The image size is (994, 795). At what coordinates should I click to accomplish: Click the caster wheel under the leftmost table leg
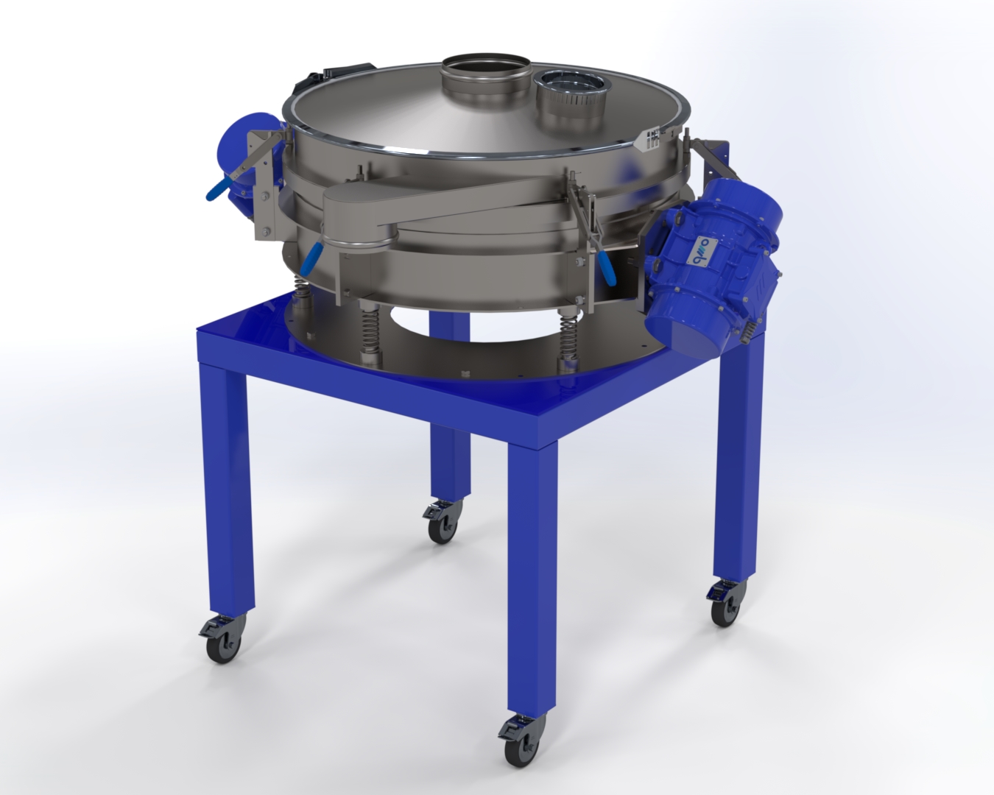[x=219, y=639]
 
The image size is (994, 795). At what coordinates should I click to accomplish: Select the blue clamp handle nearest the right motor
[x=607, y=269]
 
